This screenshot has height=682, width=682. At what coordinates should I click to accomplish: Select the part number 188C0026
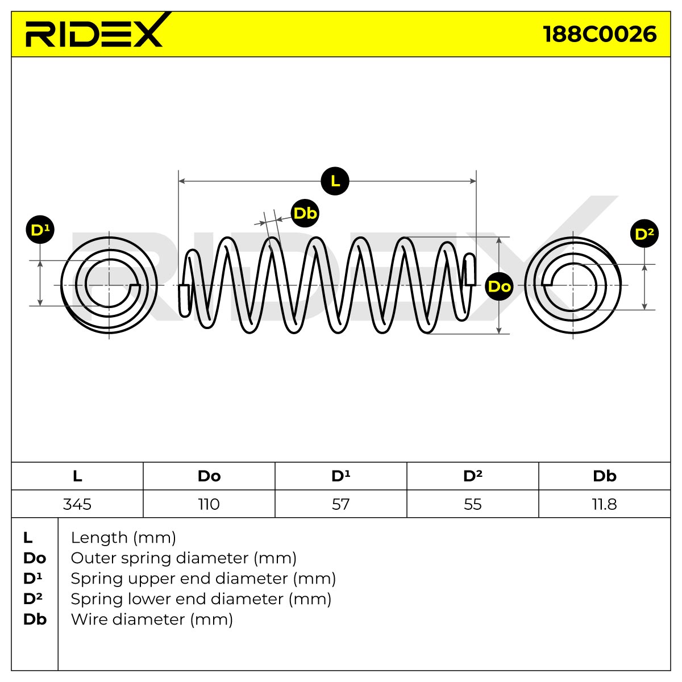600,34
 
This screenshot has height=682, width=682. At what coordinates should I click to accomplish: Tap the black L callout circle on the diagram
335,181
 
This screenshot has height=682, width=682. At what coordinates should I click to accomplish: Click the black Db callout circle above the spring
305,213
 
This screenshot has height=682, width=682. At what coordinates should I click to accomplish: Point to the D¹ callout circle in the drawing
40,230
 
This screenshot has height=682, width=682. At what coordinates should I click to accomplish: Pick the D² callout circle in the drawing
644,234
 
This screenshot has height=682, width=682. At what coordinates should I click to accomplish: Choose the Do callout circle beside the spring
499,286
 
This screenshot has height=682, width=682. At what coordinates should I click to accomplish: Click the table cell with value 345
77,504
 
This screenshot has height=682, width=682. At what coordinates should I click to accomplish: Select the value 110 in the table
209,504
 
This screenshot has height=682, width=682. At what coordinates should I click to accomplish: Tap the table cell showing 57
341,504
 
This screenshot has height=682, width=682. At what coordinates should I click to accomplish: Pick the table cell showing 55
473,504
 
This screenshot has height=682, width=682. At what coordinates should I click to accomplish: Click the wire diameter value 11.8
605,504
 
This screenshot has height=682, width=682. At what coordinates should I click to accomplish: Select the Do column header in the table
209,476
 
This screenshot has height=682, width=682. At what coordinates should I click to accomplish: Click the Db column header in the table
605,476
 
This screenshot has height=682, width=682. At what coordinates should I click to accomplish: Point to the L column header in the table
77,476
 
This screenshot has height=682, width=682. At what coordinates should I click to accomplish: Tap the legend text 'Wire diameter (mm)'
152,619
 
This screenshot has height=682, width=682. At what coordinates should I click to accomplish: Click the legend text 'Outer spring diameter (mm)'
184,558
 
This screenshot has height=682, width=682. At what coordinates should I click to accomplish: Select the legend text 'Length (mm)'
123,538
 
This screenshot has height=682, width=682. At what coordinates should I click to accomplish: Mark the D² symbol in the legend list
32,599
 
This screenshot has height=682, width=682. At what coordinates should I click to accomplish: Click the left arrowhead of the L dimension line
182,181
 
